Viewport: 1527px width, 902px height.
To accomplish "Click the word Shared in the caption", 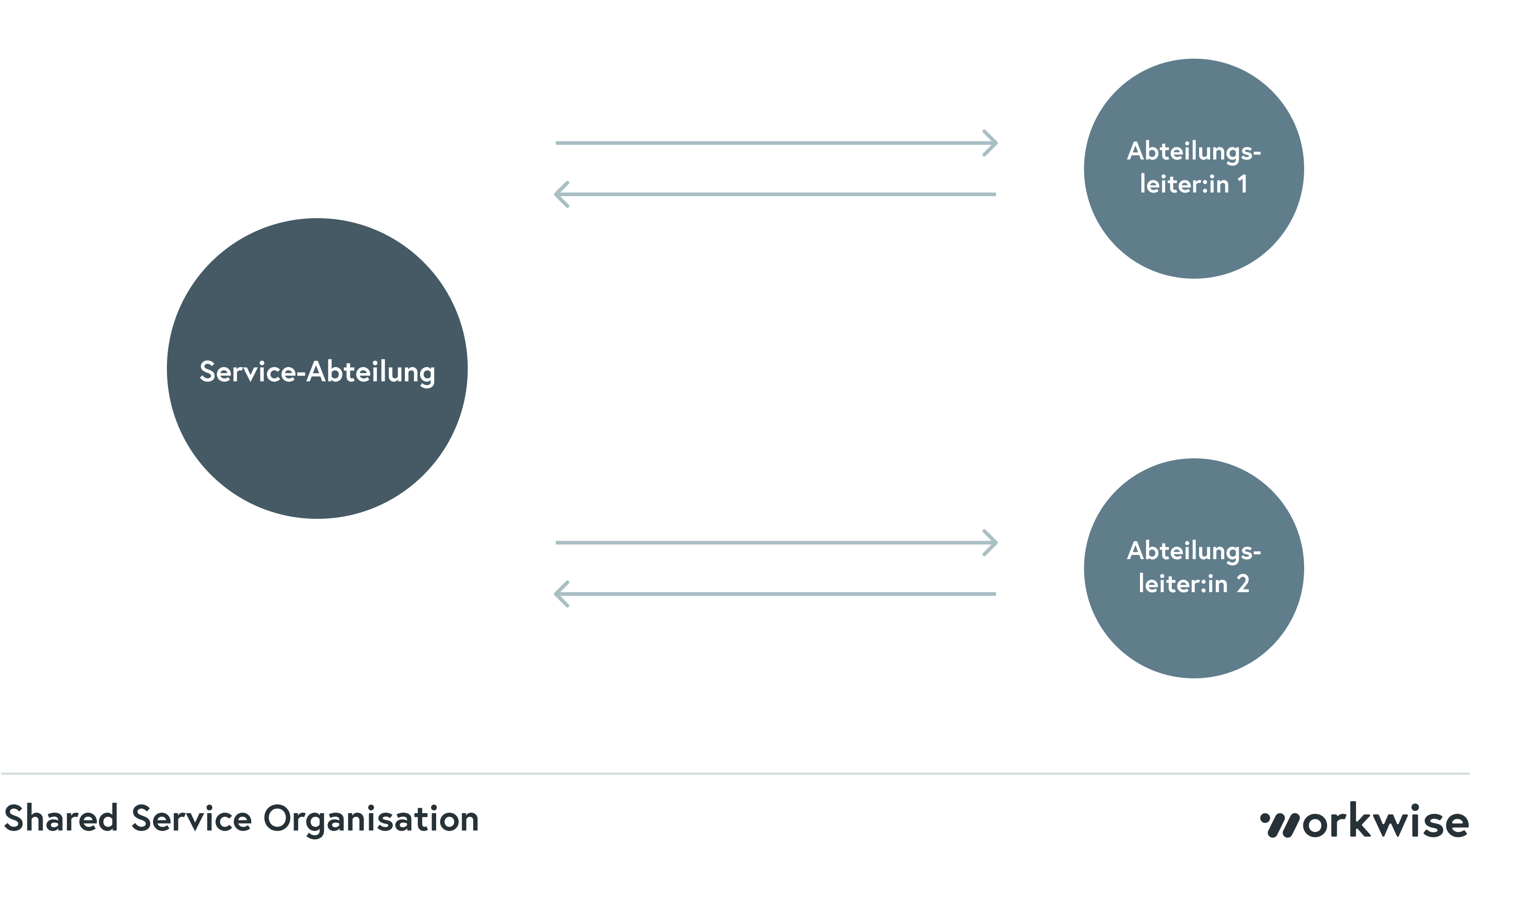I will pyautogui.click(x=61, y=818).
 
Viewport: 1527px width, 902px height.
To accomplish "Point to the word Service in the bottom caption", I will pyautogui.click(x=192, y=818).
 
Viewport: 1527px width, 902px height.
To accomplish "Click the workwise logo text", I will pyautogui.click(x=1387, y=821).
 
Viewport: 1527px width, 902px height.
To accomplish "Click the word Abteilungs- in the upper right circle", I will pyautogui.click(x=1194, y=151).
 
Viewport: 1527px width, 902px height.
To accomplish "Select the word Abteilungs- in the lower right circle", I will pyautogui.click(x=1194, y=551).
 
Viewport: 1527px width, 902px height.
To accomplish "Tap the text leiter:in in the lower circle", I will pyautogui.click(x=1183, y=584).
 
